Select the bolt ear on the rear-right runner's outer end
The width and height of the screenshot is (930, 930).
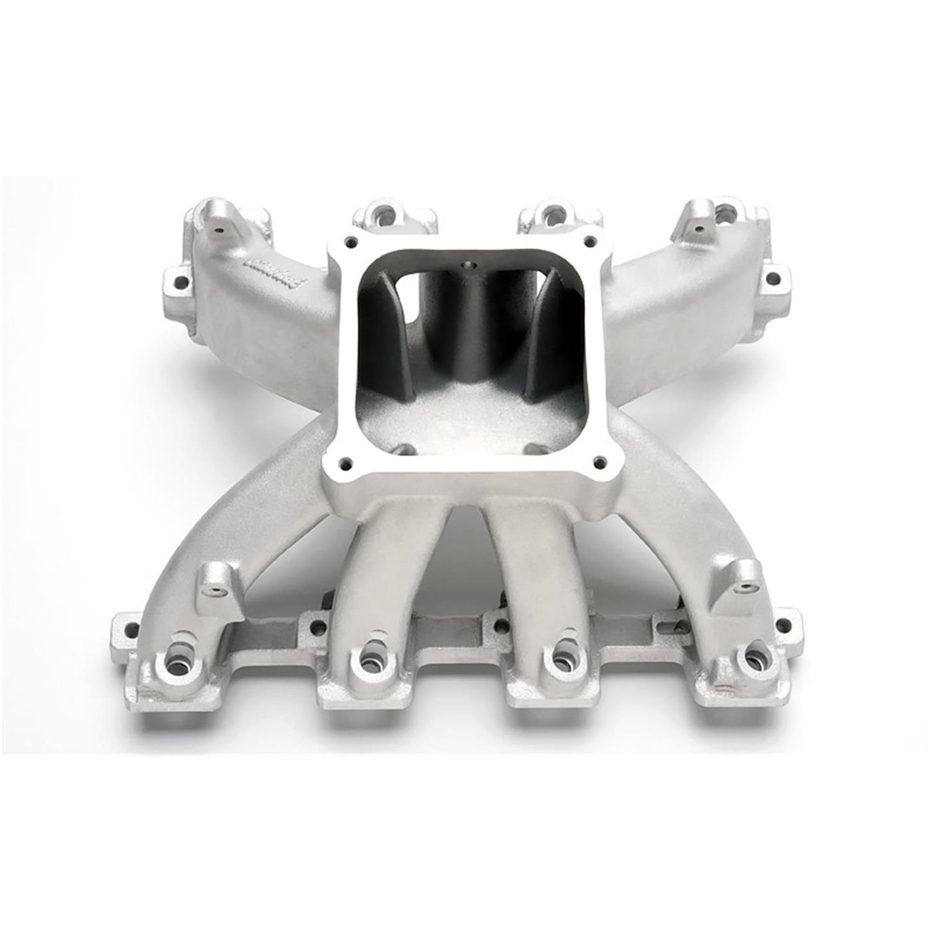point(773,279)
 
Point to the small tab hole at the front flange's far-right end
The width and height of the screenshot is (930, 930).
point(784,624)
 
